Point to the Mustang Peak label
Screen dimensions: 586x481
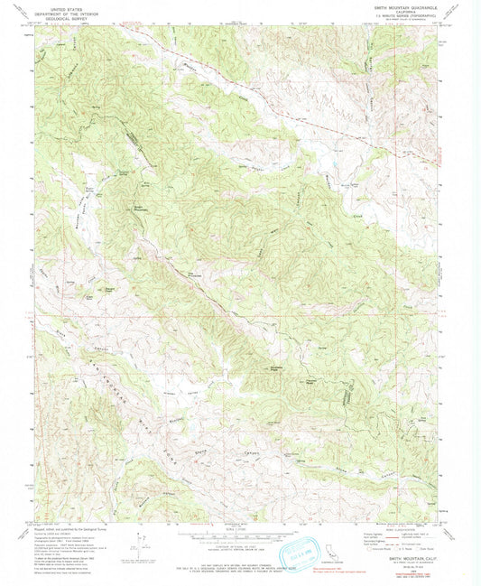tap(272, 368)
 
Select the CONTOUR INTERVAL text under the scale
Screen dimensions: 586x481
tap(240, 543)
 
